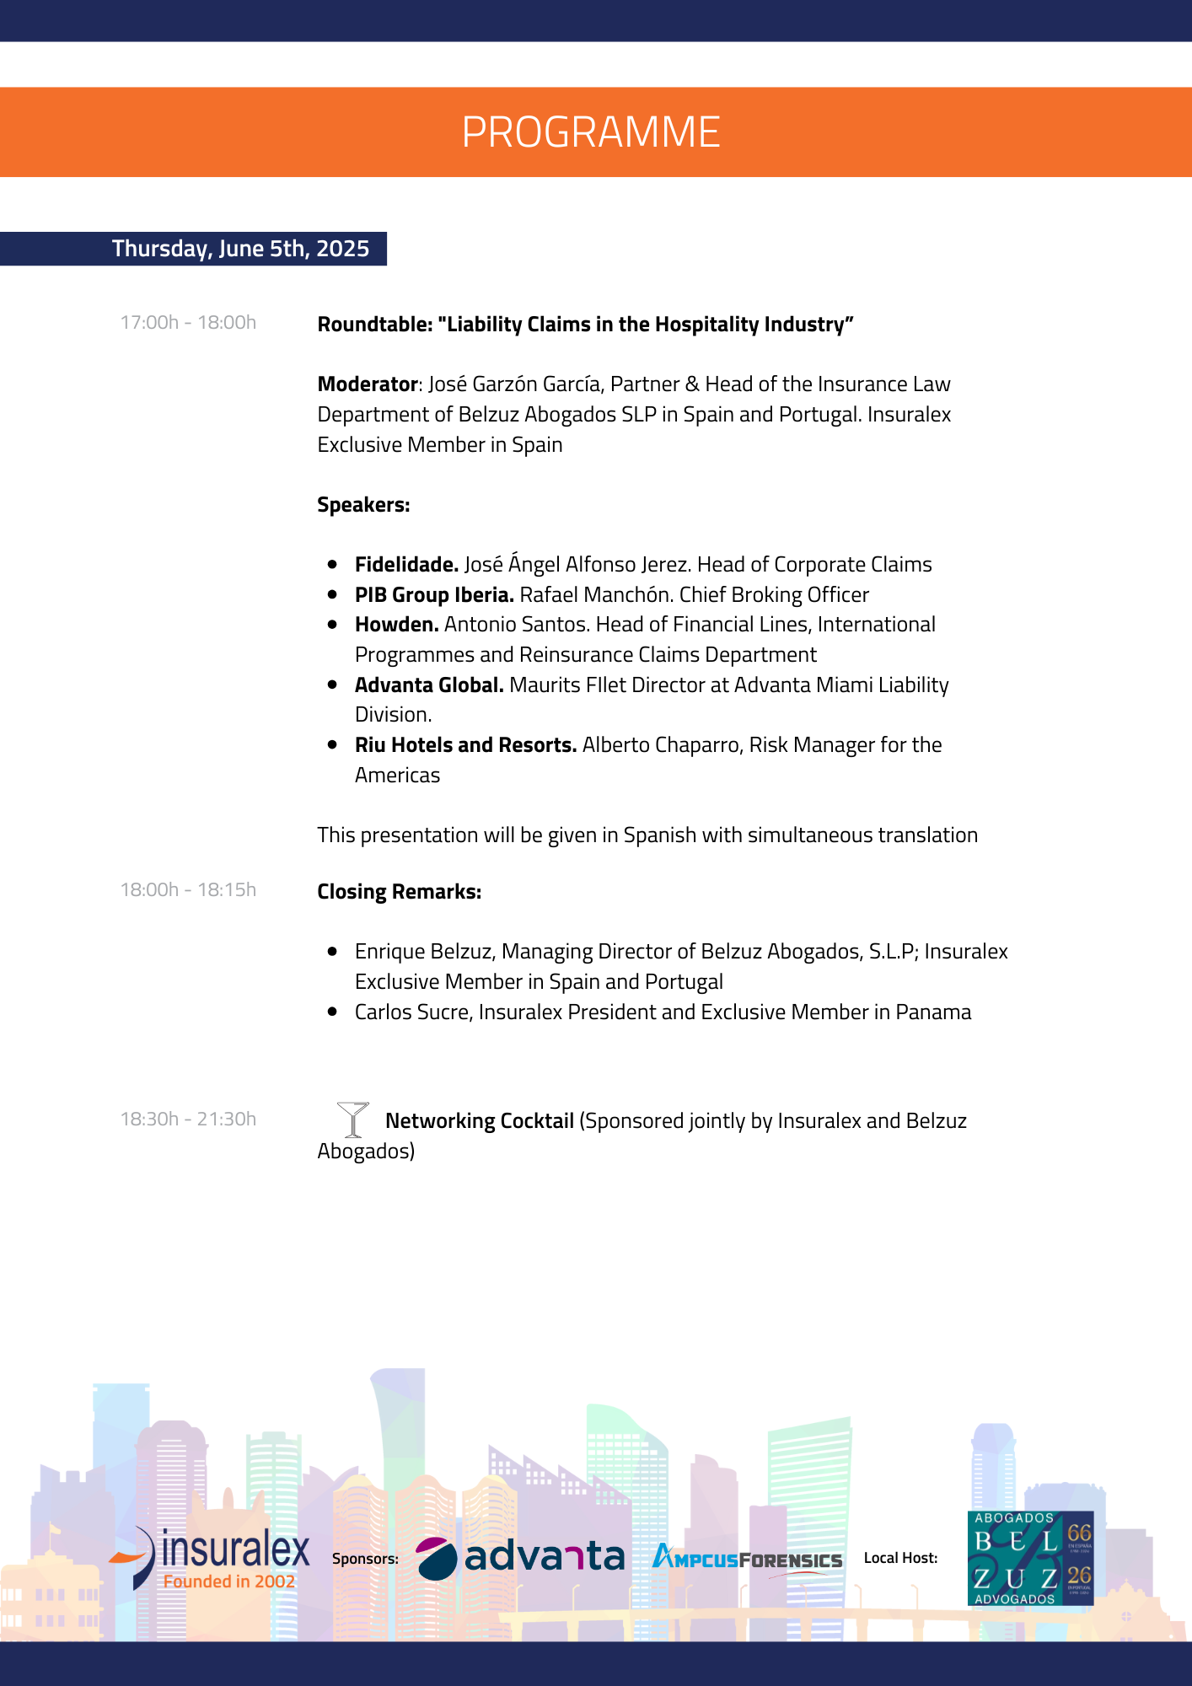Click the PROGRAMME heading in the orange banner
tap(591, 132)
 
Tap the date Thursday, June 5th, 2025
tap(240, 249)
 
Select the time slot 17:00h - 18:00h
tap(188, 323)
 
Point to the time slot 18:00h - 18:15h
tap(188, 890)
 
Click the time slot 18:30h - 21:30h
tap(188, 1120)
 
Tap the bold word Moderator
tap(368, 384)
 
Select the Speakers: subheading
tap(363, 505)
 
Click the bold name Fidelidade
tap(406, 565)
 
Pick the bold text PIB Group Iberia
tap(434, 595)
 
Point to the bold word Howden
tap(396, 625)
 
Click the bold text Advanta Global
tap(429, 685)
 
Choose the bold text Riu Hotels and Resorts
tap(465, 745)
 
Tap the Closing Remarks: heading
tap(399, 892)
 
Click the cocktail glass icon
tap(352, 1120)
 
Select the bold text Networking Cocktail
tap(480, 1121)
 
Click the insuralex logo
tap(211, 1559)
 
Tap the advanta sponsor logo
tap(520, 1558)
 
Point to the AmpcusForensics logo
tap(747, 1559)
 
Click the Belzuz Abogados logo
tap(1030, 1558)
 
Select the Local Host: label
tap(900, 1558)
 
